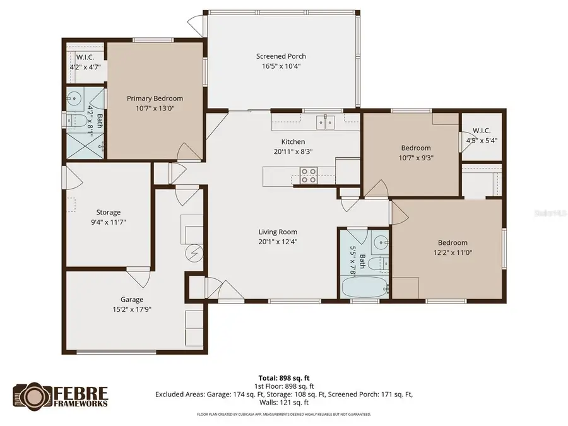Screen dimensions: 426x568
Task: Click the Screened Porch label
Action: pyautogui.click(x=281, y=56)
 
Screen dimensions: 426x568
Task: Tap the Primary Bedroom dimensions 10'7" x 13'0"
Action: pyautogui.click(x=155, y=108)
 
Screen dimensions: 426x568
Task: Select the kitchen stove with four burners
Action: pyautogui.click(x=308, y=175)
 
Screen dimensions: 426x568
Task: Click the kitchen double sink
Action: pyautogui.click(x=325, y=121)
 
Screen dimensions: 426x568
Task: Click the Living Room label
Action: pyautogui.click(x=278, y=232)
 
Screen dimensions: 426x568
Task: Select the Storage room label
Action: pyautogui.click(x=108, y=212)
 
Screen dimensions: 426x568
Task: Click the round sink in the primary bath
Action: pyautogui.click(x=74, y=99)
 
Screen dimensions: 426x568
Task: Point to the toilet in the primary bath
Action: pyautogui.click(x=78, y=119)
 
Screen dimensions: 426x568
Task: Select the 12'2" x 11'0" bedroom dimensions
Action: pyautogui.click(x=453, y=252)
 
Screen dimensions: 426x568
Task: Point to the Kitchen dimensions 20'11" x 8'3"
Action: pyautogui.click(x=293, y=151)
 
